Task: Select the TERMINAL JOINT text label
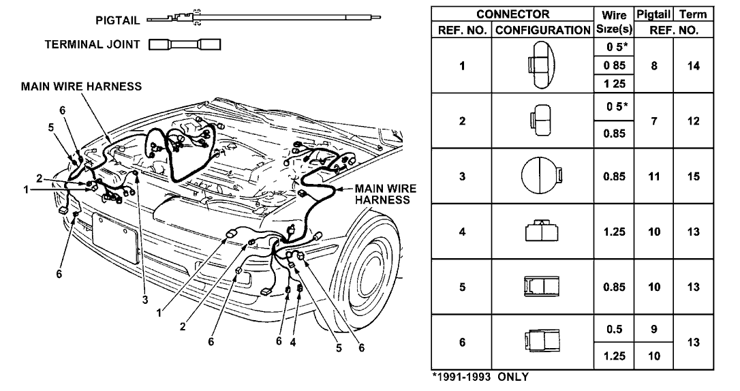click(x=91, y=45)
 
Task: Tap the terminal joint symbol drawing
click(x=185, y=45)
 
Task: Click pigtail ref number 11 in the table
click(x=653, y=176)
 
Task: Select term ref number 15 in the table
click(x=693, y=176)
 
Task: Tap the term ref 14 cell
click(x=693, y=65)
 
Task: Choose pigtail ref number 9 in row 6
click(x=653, y=329)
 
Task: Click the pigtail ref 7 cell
click(x=653, y=120)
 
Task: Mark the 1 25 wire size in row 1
click(x=614, y=83)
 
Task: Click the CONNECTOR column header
click(x=513, y=14)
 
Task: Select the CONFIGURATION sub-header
click(x=543, y=31)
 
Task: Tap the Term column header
click(x=693, y=14)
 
